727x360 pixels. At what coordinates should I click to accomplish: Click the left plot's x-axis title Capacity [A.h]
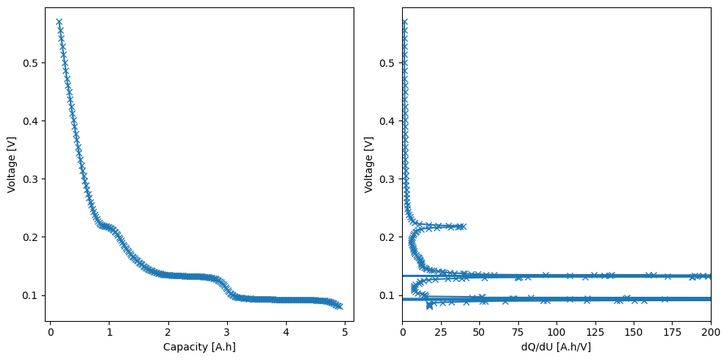click(200, 346)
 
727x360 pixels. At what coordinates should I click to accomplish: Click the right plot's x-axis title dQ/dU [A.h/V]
click(556, 346)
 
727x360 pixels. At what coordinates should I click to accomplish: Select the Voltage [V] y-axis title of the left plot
click(12, 165)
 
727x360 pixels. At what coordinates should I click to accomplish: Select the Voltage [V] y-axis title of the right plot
click(369, 165)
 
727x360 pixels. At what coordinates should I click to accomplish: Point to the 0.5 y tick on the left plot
click(32, 63)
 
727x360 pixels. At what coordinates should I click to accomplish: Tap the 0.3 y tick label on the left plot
click(32, 179)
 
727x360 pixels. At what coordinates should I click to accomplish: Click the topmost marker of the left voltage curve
click(59, 22)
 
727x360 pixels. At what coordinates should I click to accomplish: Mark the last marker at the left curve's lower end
click(339, 306)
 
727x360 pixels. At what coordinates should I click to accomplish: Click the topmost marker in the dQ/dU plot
click(404, 22)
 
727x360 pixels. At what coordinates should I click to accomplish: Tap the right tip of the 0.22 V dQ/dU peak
click(462, 226)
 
